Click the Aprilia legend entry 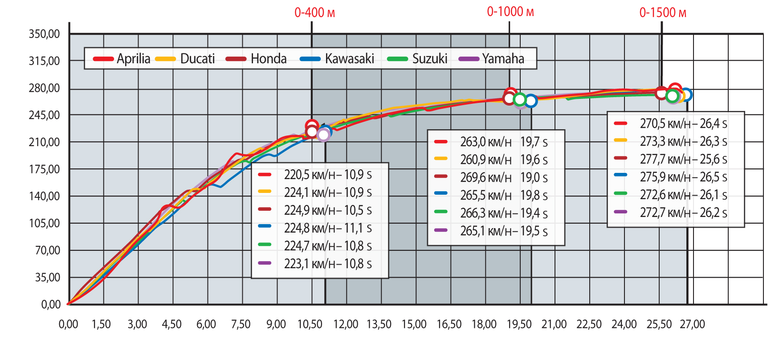pos(133,59)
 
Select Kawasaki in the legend pos(349,59)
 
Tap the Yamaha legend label pos(502,59)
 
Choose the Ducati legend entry pos(197,59)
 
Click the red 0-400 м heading pos(314,12)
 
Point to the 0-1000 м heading pos(510,12)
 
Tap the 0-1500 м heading pos(663,12)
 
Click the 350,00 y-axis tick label pos(44,34)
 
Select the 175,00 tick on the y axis pos(44,169)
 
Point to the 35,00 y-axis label pos(47,278)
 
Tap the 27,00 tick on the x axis pos(692,324)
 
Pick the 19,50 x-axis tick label pos(519,324)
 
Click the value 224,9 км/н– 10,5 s pos(327,210)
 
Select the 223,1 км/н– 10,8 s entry pos(327,264)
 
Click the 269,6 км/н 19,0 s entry pos(503,178)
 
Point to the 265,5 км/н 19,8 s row pos(503,196)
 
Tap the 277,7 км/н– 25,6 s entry pos(683,159)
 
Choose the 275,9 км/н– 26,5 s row pos(683,177)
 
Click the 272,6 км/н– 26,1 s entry pos(683,195)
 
